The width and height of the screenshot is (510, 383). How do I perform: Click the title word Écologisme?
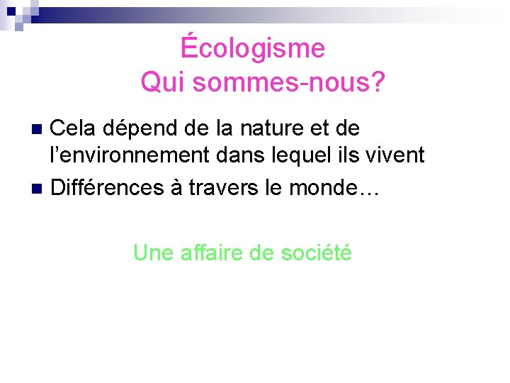253,48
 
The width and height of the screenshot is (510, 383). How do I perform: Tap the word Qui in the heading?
163,83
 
